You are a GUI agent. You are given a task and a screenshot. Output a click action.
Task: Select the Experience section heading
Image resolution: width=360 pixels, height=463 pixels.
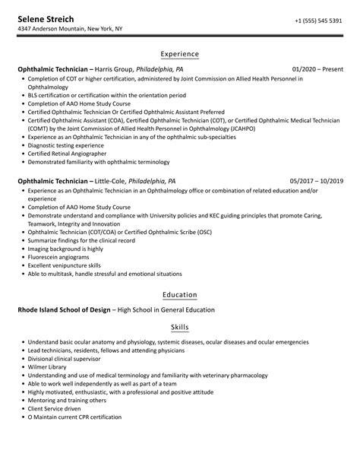(x=180, y=54)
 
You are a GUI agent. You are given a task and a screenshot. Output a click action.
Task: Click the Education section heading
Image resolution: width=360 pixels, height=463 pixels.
(x=180, y=294)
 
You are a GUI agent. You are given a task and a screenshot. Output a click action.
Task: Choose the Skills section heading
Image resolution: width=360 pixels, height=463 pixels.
(x=180, y=328)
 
